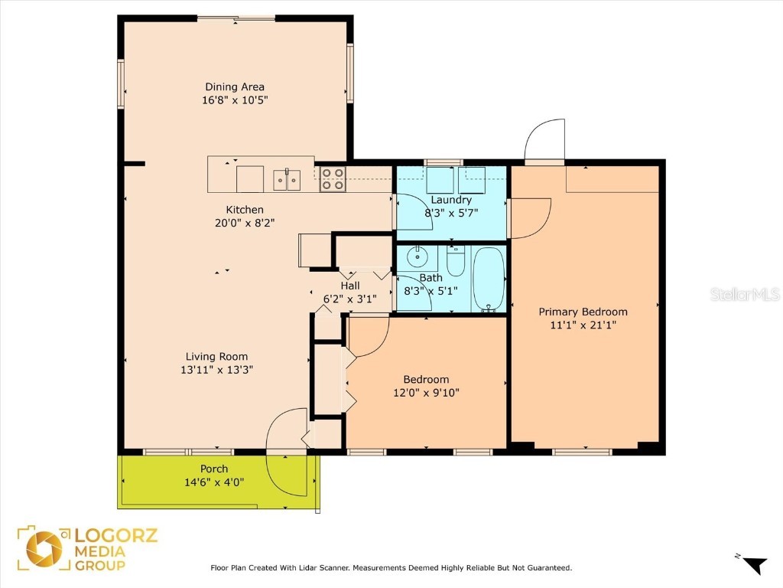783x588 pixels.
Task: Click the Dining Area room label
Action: [x=235, y=87]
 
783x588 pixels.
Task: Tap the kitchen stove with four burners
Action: [x=333, y=179]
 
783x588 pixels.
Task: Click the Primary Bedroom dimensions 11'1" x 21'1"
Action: [x=583, y=325]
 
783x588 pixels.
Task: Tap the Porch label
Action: [x=214, y=469]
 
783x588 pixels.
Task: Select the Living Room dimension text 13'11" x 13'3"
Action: [x=217, y=369]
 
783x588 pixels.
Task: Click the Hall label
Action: [x=350, y=286]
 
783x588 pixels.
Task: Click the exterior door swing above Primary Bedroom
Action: [x=544, y=140]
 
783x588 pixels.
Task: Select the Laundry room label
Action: [x=451, y=200]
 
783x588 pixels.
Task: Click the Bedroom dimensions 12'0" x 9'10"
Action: [x=426, y=393]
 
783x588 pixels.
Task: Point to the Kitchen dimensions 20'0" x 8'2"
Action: [x=245, y=223]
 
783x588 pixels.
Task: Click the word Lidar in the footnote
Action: [x=334, y=568]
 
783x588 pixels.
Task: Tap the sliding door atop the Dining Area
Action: [x=236, y=18]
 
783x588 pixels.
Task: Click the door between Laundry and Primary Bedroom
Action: [x=529, y=217]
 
